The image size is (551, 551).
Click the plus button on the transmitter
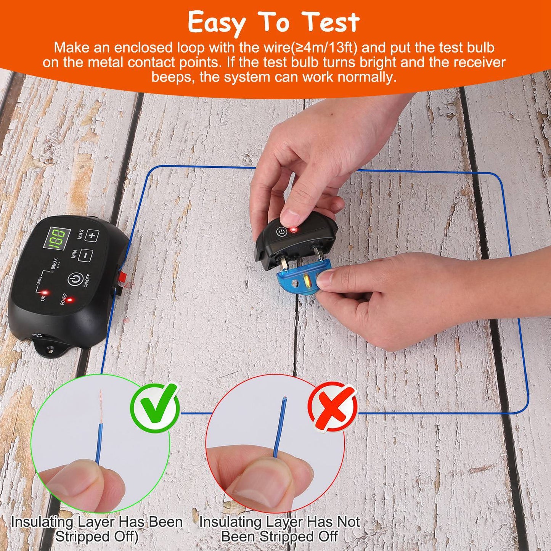pyautogui.click(x=92, y=236)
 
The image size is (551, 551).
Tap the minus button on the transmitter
pyautogui.click(x=85, y=255)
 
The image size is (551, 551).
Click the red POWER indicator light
pyautogui.click(x=69, y=300)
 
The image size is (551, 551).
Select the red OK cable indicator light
pyautogui.click(x=45, y=292)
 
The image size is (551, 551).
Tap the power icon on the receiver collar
pyautogui.click(x=281, y=232)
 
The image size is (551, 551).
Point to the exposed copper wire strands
pyautogui.click(x=101, y=406)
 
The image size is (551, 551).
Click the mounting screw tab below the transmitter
pyautogui.click(x=49, y=348)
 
